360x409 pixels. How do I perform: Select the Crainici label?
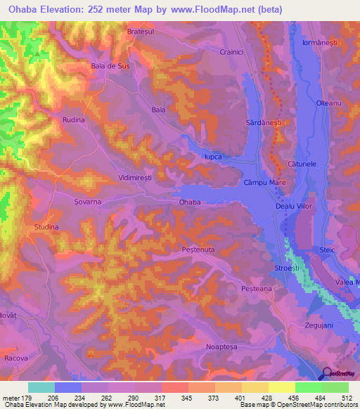232,52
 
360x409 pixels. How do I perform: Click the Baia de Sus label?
111,66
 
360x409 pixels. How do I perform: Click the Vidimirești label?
141,178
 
